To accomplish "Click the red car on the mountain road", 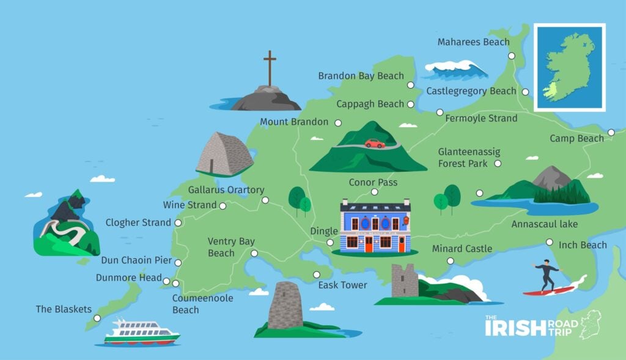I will [x=375, y=144].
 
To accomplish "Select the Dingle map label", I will [x=324, y=231].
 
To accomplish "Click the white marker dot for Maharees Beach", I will [x=512, y=56].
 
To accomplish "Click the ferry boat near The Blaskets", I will [x=141, y=332].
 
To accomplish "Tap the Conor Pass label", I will [x=373, y=182].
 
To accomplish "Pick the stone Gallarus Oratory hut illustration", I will [x=224, y=155].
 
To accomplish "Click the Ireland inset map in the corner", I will [x=569, y=67].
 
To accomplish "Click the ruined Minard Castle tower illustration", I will [x=405, y=281].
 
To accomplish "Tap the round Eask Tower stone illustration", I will [x=285, y=306].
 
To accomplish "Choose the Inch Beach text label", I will [x=583, y=245].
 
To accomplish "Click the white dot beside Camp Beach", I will [x=611, y=132].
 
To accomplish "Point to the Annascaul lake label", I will [x=545, y=224].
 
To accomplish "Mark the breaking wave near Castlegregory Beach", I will [x=455, y=69].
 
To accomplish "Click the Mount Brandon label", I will [x=294, y=122].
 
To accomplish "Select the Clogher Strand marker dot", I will [x=178, y=223].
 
